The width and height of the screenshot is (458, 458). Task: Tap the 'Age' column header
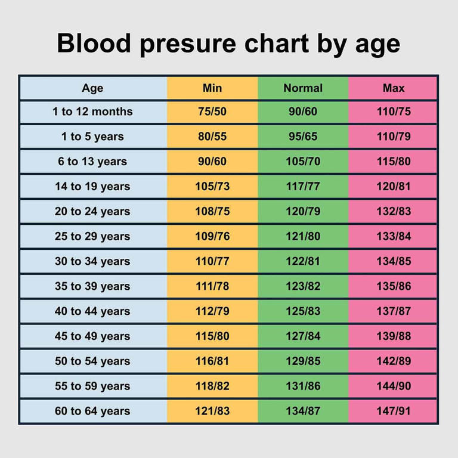pos(92,88)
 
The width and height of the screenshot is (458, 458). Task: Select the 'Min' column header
pos(212,88)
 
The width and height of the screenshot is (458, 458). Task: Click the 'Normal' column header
pos(303,88)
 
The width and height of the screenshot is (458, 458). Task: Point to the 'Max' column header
pos(394,88)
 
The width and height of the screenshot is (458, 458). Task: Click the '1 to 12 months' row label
pos(92,112)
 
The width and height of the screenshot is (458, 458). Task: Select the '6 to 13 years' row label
pos(92,162)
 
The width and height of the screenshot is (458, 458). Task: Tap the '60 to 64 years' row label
pos(92,411)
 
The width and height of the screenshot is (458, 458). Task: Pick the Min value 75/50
pos(212,112)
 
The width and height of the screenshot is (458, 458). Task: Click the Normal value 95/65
pos(303,137)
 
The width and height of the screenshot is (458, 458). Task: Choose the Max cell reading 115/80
pos(394,162)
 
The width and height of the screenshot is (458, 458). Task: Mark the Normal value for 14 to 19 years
pos(303,187)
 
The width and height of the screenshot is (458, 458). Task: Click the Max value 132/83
pos(394,212)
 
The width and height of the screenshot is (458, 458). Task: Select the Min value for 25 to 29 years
pos(212,237)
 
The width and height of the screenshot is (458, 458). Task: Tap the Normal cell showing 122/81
pos(303,261)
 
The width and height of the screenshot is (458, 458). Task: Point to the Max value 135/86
pos(394,286)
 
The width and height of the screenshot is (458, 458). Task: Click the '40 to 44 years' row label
pos(92,311)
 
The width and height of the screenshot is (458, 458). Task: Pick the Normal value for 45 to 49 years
pos(303,336)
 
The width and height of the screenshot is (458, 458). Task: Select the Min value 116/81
pos(212,361)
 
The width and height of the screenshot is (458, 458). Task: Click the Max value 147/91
pos(394,411)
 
